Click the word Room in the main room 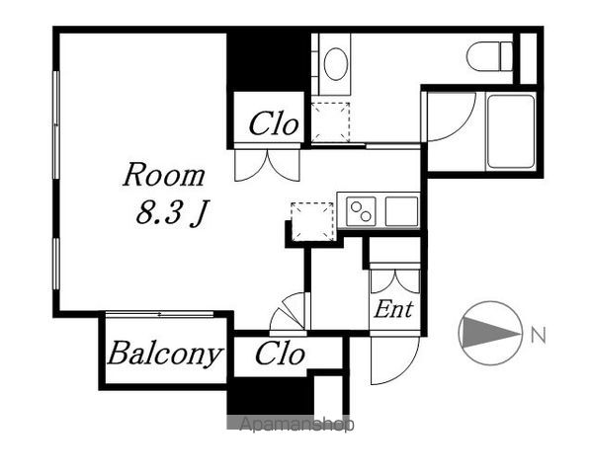point(164,175)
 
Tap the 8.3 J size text point(172,212)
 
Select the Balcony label point(164,354)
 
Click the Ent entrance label point(393,309)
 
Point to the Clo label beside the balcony point(280,354)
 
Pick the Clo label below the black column point(274,123)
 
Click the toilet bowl point(490,56)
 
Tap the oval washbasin point(336,63)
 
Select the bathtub point(511,131)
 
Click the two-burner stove point(361,211)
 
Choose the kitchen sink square point(401,211)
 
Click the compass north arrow point(491,333)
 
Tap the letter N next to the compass point(539,335)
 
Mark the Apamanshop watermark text point(296,424)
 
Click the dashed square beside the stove point(312,221)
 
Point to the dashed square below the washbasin point(330,121)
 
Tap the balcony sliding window point(159,314)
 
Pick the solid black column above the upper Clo point(269,62)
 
